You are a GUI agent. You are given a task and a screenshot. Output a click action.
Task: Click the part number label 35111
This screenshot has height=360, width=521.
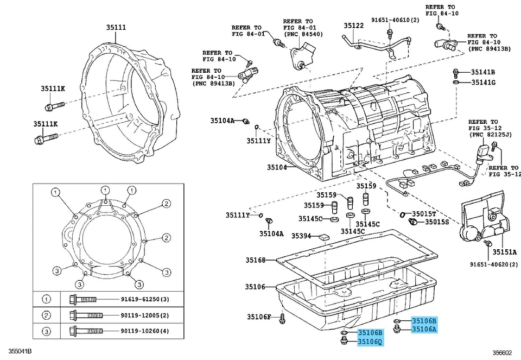click(116, 27)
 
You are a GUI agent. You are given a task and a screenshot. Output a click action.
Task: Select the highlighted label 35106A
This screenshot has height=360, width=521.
click(424, 329)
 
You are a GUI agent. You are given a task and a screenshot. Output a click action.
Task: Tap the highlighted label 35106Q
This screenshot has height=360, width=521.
click(370, 342)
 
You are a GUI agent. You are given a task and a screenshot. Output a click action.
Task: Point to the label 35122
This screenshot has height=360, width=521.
click(353, 26)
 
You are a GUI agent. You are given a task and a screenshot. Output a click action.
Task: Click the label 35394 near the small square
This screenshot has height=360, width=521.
click(301, 236)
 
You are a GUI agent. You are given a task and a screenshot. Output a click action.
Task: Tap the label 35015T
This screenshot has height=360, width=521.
click(424, 213)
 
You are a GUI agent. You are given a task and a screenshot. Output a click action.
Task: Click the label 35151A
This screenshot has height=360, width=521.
click(505, 252)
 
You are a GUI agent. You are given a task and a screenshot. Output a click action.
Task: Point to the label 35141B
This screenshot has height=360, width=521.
click(482, 72)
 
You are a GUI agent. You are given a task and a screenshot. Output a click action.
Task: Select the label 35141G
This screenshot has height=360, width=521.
click(482, 83)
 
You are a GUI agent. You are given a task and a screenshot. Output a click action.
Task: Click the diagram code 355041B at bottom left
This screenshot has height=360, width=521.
click(16, 352)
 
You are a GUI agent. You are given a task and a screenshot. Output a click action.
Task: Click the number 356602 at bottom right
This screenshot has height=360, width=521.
click(503, 352)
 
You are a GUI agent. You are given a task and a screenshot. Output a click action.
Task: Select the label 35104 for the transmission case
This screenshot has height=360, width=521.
click(276, 167)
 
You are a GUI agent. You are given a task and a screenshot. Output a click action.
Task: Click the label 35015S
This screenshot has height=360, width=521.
click(436, 222)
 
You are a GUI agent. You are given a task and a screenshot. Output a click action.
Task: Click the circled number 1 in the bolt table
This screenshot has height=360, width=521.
click(47, 299)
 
